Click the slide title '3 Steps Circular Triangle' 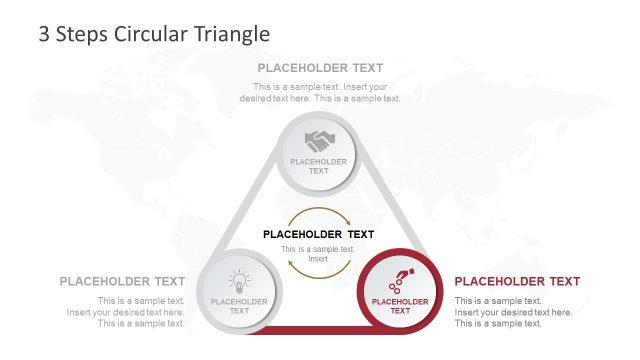point(154,33)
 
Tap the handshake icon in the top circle point(319,141)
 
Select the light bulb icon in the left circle point(239,280)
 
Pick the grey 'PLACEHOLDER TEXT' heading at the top point(320,68)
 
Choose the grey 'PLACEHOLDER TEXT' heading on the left point(122,281)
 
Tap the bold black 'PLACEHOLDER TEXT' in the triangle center point(318,234)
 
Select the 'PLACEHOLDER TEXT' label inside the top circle point(319,166)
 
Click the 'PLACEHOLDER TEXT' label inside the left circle point(239,306)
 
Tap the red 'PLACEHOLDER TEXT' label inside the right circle point(400,306)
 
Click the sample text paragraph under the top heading point(320,92)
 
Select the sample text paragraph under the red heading point(513,311)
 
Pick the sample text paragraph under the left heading point(126,311)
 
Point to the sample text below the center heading point(318,253)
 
